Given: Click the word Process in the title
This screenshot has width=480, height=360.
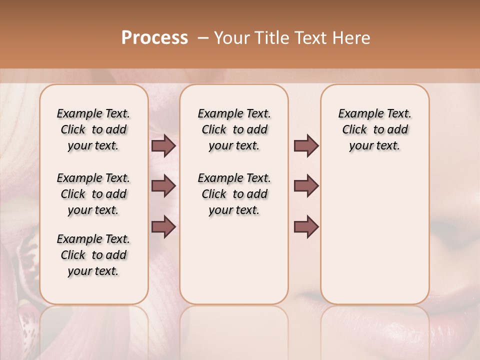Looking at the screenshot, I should tap(154, 38).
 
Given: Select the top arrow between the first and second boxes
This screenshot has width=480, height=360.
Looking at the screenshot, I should tap(163, 146).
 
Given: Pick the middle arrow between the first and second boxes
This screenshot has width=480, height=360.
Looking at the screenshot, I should tap(163, 186).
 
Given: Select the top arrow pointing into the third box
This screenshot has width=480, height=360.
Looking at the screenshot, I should tap(306, 146).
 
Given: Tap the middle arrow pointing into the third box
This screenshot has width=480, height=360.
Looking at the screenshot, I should tap(306, 186).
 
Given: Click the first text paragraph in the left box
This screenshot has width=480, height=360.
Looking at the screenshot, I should tap(93, 129).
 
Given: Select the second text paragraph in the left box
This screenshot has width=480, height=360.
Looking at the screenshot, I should tap(93, 194).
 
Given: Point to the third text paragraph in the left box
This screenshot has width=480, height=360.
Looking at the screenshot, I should tap(93, 255).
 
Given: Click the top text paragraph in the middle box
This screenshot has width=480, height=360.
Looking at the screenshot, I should tap(234, 129).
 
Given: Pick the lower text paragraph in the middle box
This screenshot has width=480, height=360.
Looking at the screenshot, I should tap(234, 194).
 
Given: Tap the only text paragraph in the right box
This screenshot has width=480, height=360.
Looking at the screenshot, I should tap(374, 129).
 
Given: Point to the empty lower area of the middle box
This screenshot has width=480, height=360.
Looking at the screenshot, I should tap(234, 260).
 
